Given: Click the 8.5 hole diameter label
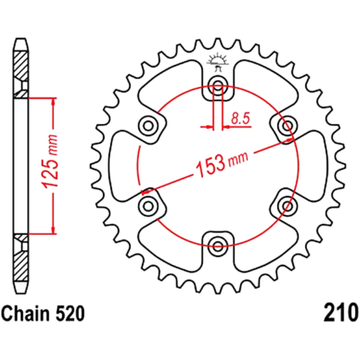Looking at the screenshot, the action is [240, 118].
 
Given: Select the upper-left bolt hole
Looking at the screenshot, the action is [148, 126].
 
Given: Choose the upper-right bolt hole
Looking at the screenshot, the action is [287, 126].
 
